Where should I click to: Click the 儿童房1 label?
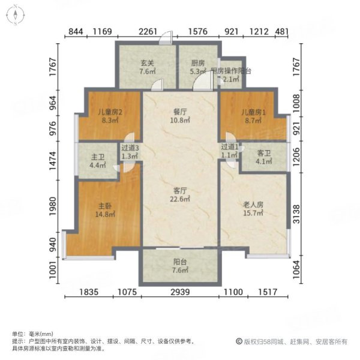[x=246, y=112]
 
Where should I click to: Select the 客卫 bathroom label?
[x=264, y=153]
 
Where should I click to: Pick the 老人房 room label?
[x=251, y=203]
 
